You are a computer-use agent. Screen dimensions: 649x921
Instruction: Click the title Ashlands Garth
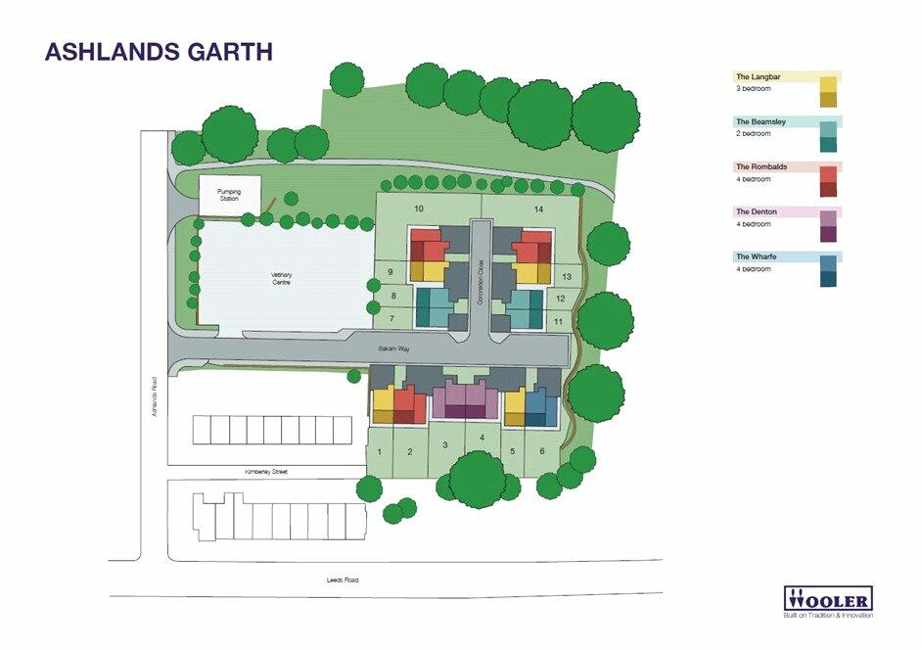(x=159, y=52)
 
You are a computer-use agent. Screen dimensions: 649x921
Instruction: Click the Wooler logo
(x=828, y=600)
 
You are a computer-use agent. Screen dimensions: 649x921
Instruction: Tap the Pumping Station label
(x=229, y=196)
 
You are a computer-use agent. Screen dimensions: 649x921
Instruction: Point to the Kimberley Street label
(x=269, y=472)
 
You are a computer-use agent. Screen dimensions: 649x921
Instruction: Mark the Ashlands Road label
(x=155, y=398)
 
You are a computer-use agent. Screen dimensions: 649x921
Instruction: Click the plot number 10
(x=419, y=209)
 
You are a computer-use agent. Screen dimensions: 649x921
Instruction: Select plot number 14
(x=537, y=209)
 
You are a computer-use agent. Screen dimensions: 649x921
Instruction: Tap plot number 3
(x=445, y=445)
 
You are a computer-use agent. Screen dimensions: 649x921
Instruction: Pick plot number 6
(x=541, y=451)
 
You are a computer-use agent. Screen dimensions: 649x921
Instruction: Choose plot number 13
(x=566, y=277)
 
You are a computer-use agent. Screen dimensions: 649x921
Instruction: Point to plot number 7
(x=391, y=318)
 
